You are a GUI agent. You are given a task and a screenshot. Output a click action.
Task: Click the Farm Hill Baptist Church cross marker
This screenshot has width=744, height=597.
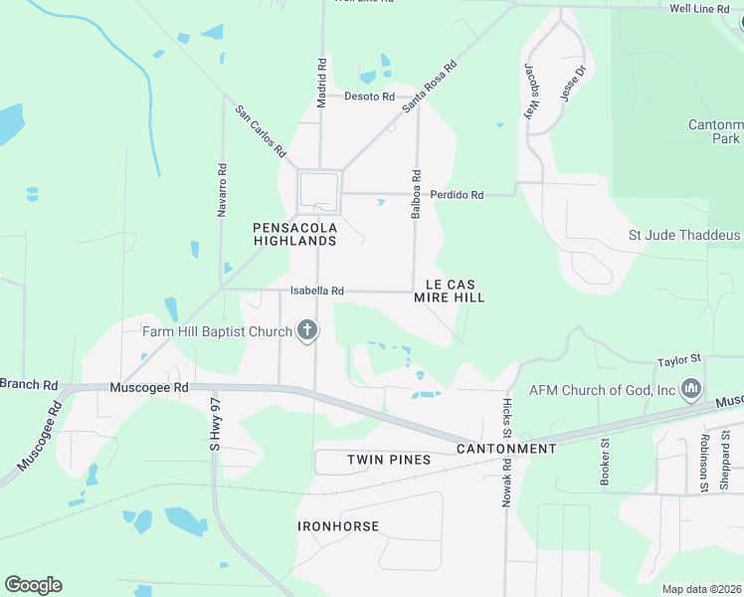[307, 330]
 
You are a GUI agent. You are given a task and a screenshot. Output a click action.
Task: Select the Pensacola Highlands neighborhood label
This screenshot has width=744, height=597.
[294, 235]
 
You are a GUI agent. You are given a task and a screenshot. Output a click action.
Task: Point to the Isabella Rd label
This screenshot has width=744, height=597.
[316, 292]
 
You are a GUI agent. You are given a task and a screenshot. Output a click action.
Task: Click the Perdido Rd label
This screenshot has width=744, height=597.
[457, 195]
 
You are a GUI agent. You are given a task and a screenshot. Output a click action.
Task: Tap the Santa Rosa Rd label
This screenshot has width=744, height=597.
[429, 87]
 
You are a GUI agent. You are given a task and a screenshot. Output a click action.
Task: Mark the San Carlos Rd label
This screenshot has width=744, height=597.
[261, 132]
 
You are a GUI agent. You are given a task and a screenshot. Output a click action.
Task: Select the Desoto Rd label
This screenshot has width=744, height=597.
[369, 97]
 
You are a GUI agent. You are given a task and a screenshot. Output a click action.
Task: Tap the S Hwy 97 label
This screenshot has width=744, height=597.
[213, 425]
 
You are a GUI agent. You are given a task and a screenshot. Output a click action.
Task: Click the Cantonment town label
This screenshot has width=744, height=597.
[506, 449]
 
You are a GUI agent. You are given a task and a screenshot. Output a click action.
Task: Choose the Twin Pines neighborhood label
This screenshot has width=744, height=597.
[389, 460]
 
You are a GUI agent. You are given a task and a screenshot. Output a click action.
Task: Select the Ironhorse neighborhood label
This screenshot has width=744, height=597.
[338, 525]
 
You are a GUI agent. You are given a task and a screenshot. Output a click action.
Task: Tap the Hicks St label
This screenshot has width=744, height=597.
[506, 418]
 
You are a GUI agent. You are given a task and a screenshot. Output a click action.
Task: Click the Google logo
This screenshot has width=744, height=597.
[33, 585]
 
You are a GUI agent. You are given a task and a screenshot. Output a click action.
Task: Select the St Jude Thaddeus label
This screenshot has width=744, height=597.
[684, 236]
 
